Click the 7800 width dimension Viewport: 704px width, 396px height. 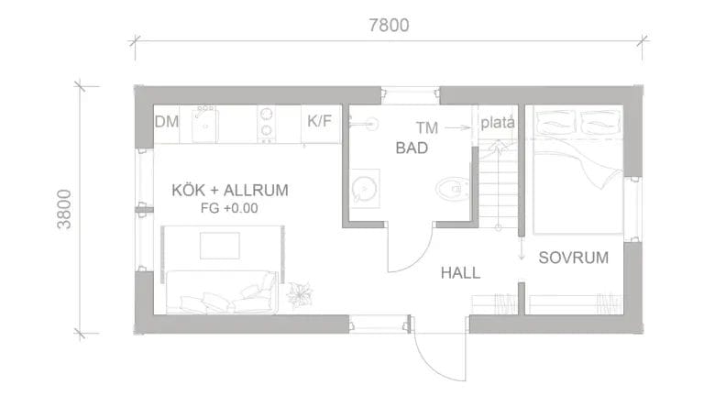(x=388, y=26)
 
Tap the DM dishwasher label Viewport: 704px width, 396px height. (x=166, y=122)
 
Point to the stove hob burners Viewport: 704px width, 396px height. (x=267, y=124)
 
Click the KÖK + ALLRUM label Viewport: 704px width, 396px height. (x=230, y=191)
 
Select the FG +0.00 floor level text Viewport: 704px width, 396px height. (x=229, y=208)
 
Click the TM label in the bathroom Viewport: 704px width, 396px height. (x=426, y=127)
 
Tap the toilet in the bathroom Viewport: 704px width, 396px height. (x=451, y=189)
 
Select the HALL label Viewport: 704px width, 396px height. (x=459, y=272)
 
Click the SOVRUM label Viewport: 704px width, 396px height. (x=573, y=258)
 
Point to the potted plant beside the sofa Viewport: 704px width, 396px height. (x=299, y=294)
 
